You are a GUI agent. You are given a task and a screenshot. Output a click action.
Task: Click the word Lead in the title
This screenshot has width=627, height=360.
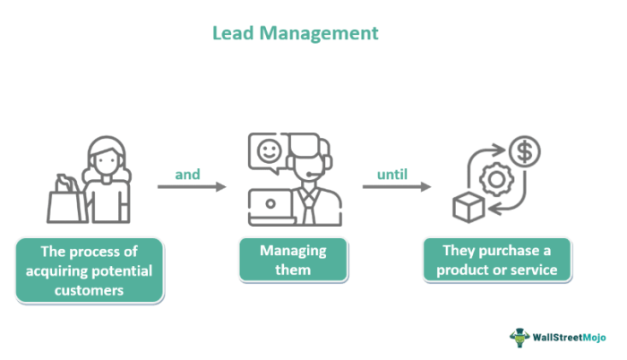[x=231, y=33]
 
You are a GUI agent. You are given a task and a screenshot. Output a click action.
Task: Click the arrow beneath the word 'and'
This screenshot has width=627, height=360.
[x=192, y=187]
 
